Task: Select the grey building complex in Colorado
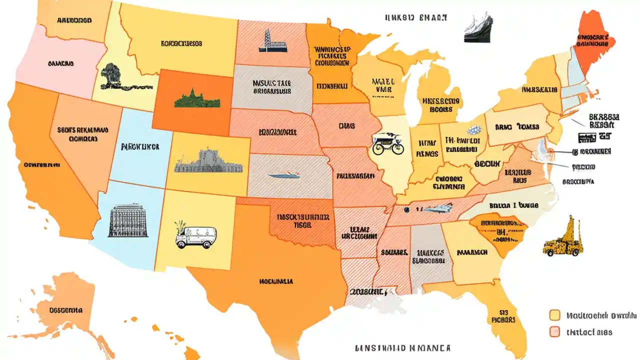(x=208, y=161)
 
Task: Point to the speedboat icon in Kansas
(x=283, y=175)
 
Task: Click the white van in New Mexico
(x=195, y=235)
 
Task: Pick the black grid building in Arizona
(x=127, y=220)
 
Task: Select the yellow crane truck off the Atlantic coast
(x=563, y=238)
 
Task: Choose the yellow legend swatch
(x=554, y=315)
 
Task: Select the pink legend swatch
(x=554, y=331)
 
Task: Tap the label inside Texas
(x=276, y=281)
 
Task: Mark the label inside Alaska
(x=66, y=309)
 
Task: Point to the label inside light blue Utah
(x=140, y=147)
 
